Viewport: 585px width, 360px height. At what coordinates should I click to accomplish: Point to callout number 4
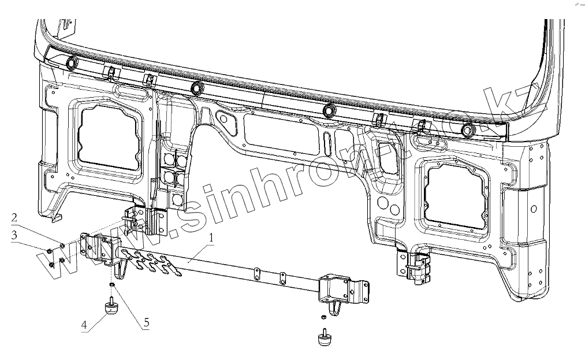coord(84,325)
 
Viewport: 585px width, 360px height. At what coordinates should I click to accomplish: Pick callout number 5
coord(146,322)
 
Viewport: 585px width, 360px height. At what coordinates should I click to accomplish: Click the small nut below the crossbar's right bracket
coord(323,317)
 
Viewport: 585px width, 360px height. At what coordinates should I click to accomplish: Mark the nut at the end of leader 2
coord(62,246)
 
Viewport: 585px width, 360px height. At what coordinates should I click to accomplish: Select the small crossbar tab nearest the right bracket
coord(282,277)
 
